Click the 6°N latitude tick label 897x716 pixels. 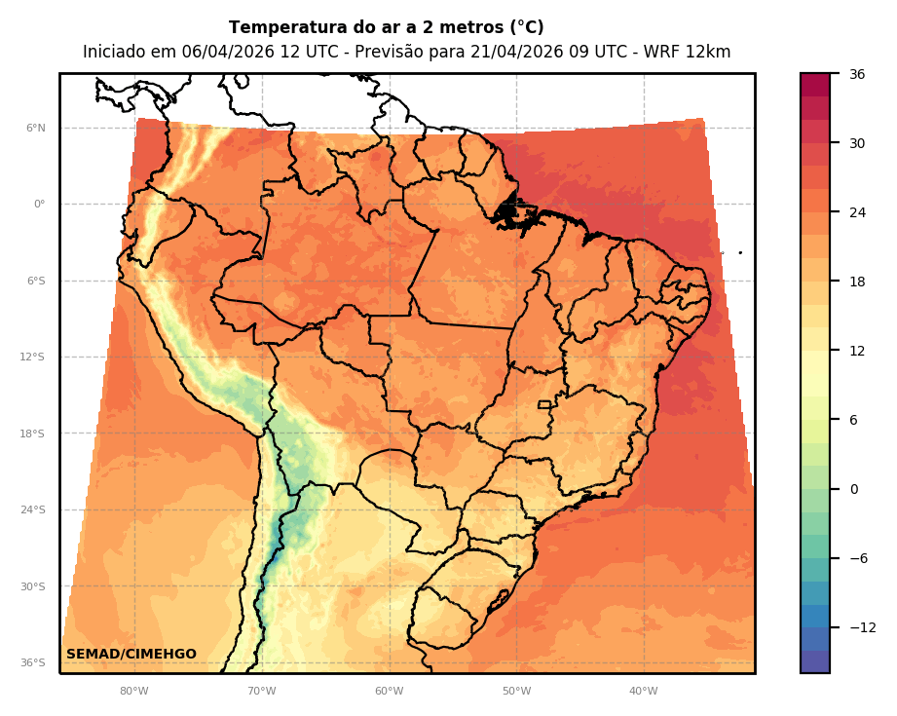click(x=36, y=128)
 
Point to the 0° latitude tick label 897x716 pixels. click(x=40, y=205)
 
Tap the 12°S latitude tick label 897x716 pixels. click(x=33, y=358)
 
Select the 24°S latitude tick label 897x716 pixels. click(x=33, y=510)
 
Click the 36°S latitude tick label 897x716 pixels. click(x=33, y=663)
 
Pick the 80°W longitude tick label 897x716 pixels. click(x=134, y=692)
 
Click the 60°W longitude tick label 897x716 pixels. click(x=389, y=692)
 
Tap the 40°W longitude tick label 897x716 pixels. click(x=643, y=692)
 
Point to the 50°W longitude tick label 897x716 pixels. click(x=516, y=692)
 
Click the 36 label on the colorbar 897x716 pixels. click(x=857, y=74)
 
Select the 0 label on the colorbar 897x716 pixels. click(x=854, y=489)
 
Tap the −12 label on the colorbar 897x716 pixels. click(x=862, y=627)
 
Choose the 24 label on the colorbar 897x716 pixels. click(x=857, y=212)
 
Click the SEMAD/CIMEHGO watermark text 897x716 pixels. click(x=131, y=655)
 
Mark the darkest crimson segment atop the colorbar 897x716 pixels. click(x=815, y=85)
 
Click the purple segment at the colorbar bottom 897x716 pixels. click(x=815, y=661)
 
